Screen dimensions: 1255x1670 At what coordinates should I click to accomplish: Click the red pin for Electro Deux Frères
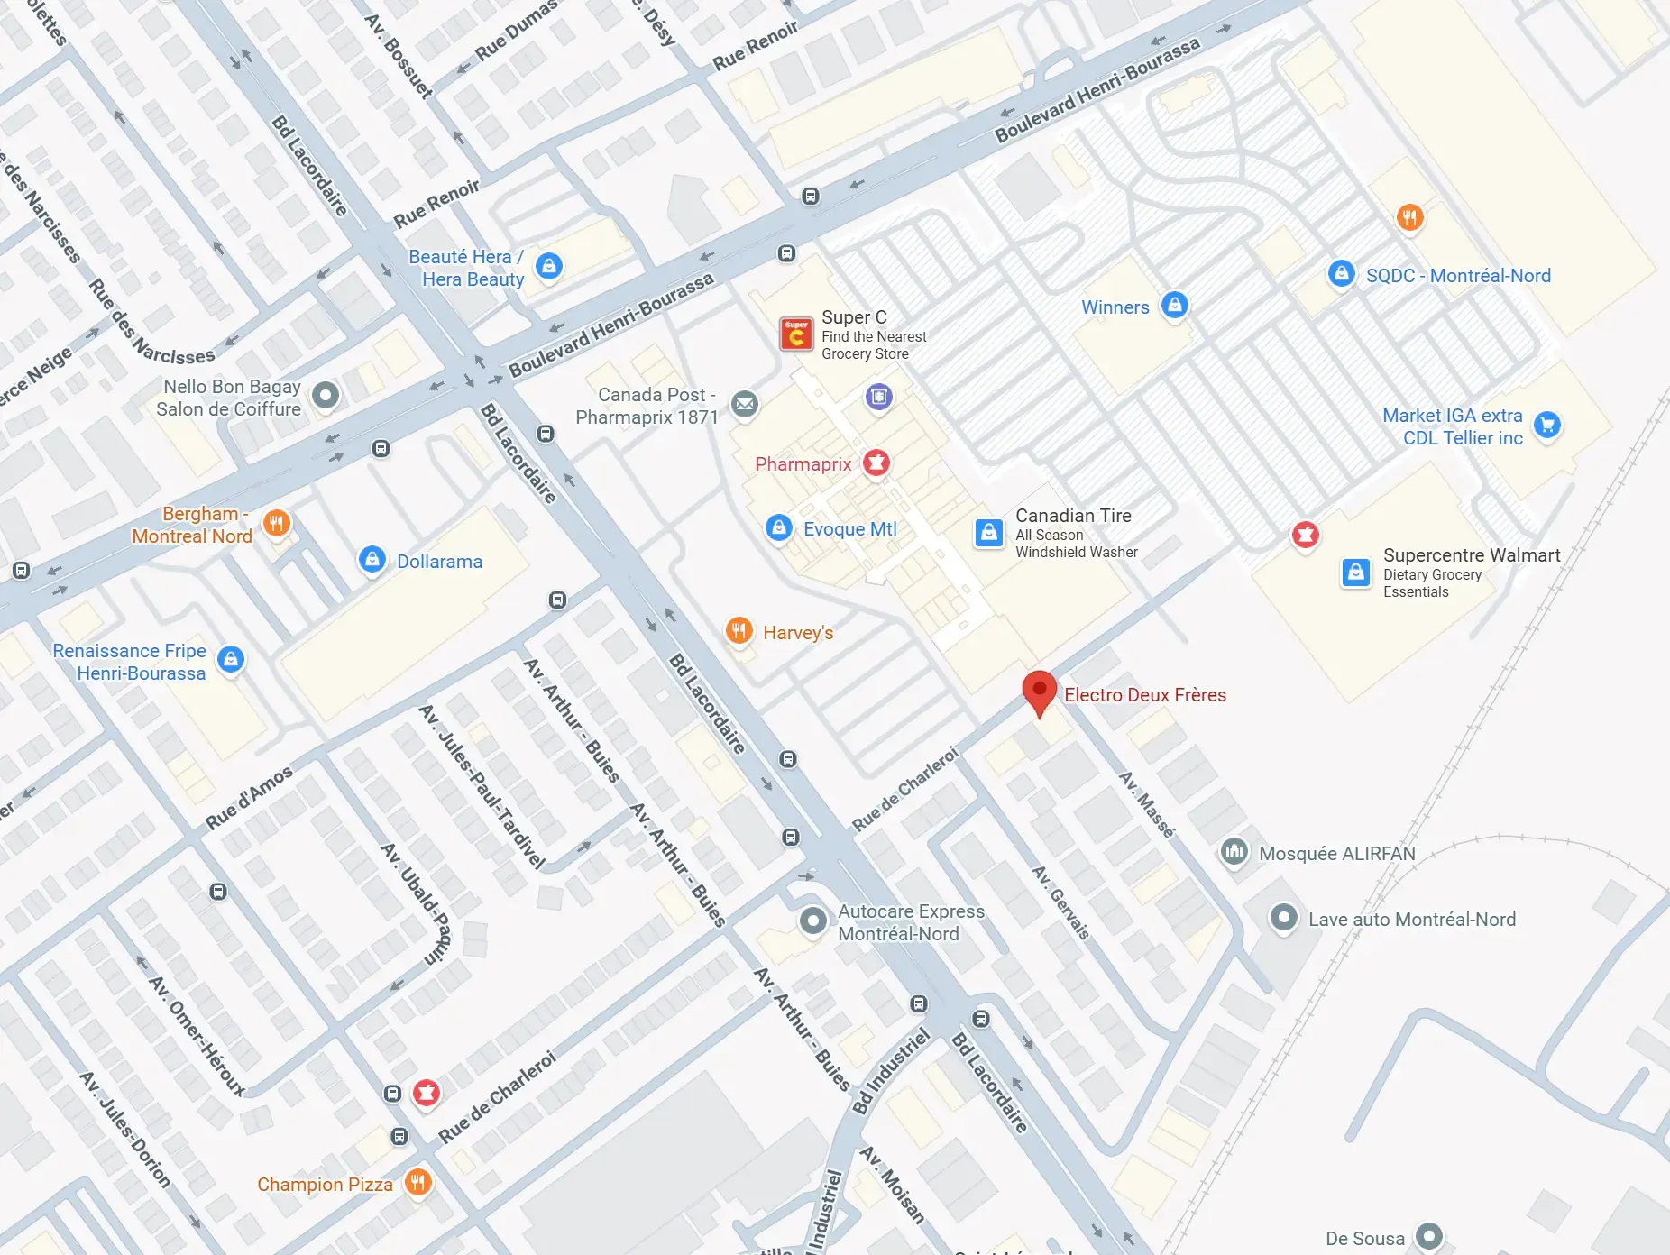click(x=1039, y=691)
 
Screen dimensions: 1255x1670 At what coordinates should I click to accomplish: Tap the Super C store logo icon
click(x=796, y=334)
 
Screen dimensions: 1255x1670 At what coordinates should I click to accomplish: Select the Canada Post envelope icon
click(x=744, y=405)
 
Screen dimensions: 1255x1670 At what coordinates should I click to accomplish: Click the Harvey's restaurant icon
click(x=739, y=631)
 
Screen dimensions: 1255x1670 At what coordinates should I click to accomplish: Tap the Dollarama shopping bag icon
click(x=372, y=560)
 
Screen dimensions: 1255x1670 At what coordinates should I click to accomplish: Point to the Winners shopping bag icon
click(x=1174, y=305)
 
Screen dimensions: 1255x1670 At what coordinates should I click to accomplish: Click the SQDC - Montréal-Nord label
click(x=1457, y=276)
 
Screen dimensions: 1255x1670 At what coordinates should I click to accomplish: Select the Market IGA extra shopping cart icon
click(x=1547, y=425)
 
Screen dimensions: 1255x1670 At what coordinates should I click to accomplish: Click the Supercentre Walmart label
click(x=1471, y=555)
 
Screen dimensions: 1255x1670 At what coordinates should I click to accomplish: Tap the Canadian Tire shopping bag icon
click(x=988, y=532)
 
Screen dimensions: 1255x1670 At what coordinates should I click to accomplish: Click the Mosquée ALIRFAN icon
click(x=1234, y=851)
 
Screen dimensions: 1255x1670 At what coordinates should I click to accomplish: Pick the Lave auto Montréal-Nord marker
click(x=1282, y=918)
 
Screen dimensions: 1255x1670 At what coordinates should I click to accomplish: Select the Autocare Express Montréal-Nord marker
click(x=812, y=921)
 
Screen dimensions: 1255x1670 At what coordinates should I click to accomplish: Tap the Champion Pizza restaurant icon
click(x=417, y=1182)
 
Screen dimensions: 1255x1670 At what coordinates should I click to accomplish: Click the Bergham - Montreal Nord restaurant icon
click(x=277, y=523)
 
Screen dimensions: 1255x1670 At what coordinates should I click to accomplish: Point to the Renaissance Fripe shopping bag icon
click(x=231, y=659)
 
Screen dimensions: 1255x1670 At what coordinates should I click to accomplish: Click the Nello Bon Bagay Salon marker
click(x=325, y=395)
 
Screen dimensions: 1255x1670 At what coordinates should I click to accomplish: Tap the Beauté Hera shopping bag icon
click(x=548, y=266)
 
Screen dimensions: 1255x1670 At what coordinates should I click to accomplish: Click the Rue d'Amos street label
click(x=249, y=798)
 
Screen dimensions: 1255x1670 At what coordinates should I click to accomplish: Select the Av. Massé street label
click(x=1147, y=804)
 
